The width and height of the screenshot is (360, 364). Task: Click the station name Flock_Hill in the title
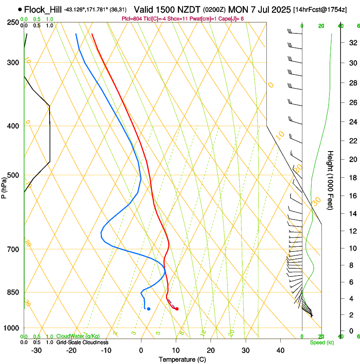point(43,9)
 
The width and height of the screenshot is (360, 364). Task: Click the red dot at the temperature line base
point(177,309)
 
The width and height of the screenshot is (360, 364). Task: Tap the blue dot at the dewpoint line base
point(148,309)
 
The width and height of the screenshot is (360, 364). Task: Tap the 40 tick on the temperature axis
point(280,350)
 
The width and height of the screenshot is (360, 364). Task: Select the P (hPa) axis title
point(4,187)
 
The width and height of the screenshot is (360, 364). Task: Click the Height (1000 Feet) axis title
point(330,180)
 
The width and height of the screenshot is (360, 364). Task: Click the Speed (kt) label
point(321,342)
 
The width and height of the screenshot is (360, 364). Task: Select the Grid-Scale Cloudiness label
point(82,342)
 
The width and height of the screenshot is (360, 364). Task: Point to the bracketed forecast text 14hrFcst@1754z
point(320,10)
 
